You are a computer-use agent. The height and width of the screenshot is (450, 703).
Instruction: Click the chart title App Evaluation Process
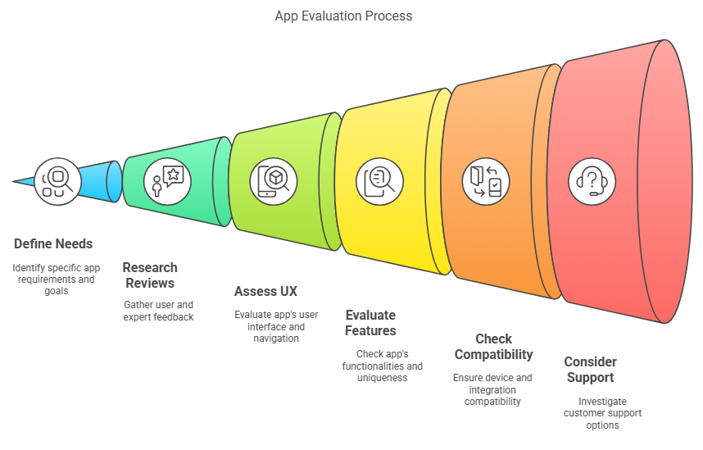(x=343, y=16)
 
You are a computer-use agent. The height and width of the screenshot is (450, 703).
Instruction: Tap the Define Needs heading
(x=53, y=243)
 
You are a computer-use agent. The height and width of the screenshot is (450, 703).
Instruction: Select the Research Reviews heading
(x=150, y=275)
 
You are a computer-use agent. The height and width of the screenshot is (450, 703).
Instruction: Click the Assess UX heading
(x=265, y=291)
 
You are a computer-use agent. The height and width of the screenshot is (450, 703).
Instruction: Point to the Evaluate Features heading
(x=371, y=323)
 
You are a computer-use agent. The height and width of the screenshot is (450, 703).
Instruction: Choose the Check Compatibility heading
(x=493, y=347)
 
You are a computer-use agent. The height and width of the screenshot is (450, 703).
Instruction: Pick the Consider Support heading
(x=591, y=369)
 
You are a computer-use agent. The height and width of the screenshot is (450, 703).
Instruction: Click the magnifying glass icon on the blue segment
(x=57, y=182)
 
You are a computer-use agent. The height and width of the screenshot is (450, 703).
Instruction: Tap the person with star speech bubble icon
(x=167, y=182)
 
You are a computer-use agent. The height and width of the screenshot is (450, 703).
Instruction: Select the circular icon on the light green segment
(x=274, y=182)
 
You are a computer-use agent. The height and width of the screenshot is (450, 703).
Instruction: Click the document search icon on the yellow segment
(x=379, y=182)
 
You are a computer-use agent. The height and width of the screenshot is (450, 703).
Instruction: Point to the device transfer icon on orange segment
(x=486, y=182)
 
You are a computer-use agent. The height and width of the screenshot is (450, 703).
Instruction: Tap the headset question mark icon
(x=592, y=182)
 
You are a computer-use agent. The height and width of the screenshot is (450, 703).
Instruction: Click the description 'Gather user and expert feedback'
(x=159, y=311)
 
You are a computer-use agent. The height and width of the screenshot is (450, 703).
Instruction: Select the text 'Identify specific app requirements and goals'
(x=57, y=279)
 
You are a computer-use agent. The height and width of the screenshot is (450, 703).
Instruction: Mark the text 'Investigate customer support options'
(x=602, y=413)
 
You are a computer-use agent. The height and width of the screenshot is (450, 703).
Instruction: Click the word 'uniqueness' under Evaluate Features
(x=383, y=378)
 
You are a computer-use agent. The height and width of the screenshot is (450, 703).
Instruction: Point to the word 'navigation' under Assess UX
(x=276, y=339)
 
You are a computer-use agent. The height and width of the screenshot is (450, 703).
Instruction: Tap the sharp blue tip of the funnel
(x=14, y=182)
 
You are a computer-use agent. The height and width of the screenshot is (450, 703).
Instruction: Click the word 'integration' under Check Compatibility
(x=492, y=390)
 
